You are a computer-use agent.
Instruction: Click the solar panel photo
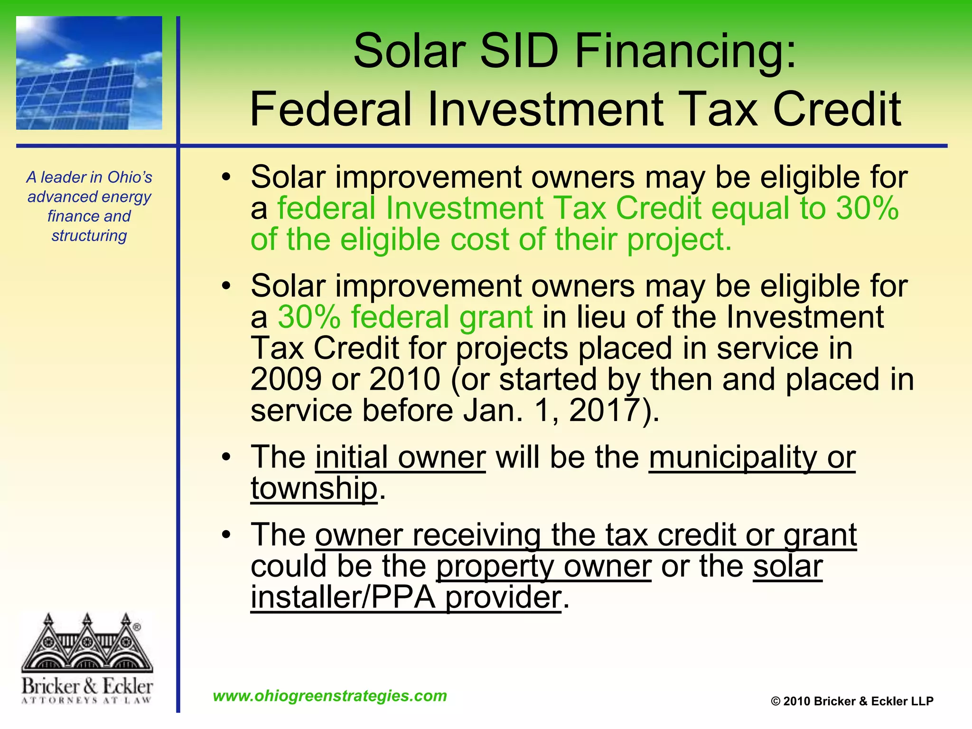point(89,73)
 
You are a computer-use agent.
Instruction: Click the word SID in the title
point(519,51)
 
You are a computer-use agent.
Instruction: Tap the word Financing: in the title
point(685,51)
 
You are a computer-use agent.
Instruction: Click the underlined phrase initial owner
point(400,457)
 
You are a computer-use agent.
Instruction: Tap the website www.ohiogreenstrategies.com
point(330,696)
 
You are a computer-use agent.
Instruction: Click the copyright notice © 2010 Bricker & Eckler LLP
point(852,701)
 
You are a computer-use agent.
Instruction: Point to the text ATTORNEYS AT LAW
point(87,700)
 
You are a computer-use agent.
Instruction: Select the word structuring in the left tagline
point(89,235)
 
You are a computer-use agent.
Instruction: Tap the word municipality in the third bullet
point(732,457)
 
